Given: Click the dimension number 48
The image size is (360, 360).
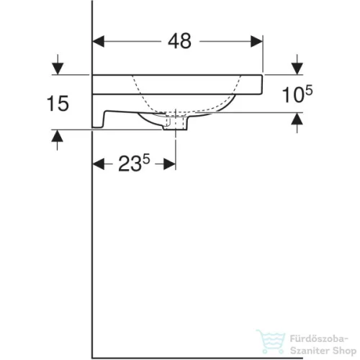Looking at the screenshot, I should (180, 42).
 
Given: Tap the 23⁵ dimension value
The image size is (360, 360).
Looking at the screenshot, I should (132, 165).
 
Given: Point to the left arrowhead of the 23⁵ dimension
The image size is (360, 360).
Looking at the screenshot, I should (99, 165).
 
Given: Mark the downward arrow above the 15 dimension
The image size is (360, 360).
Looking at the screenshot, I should (55, 68).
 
